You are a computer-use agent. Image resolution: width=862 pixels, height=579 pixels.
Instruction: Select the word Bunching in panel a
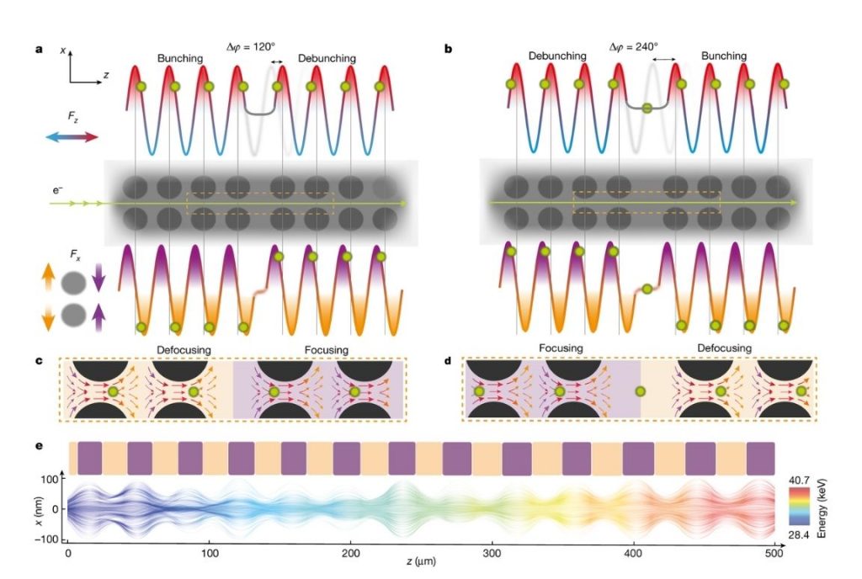tap(180, 58)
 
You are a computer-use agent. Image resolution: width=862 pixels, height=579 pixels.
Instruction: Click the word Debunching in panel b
tap(556, 56)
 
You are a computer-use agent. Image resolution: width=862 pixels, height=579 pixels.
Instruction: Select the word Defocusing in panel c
tap(186, 349)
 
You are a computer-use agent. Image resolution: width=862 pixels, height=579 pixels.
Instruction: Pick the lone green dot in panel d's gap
tap(641, 391)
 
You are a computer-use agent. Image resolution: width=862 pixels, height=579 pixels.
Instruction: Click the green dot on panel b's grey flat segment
tap(646, 108)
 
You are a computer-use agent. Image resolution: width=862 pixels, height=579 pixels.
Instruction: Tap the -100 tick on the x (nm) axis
tap(49, 539)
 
